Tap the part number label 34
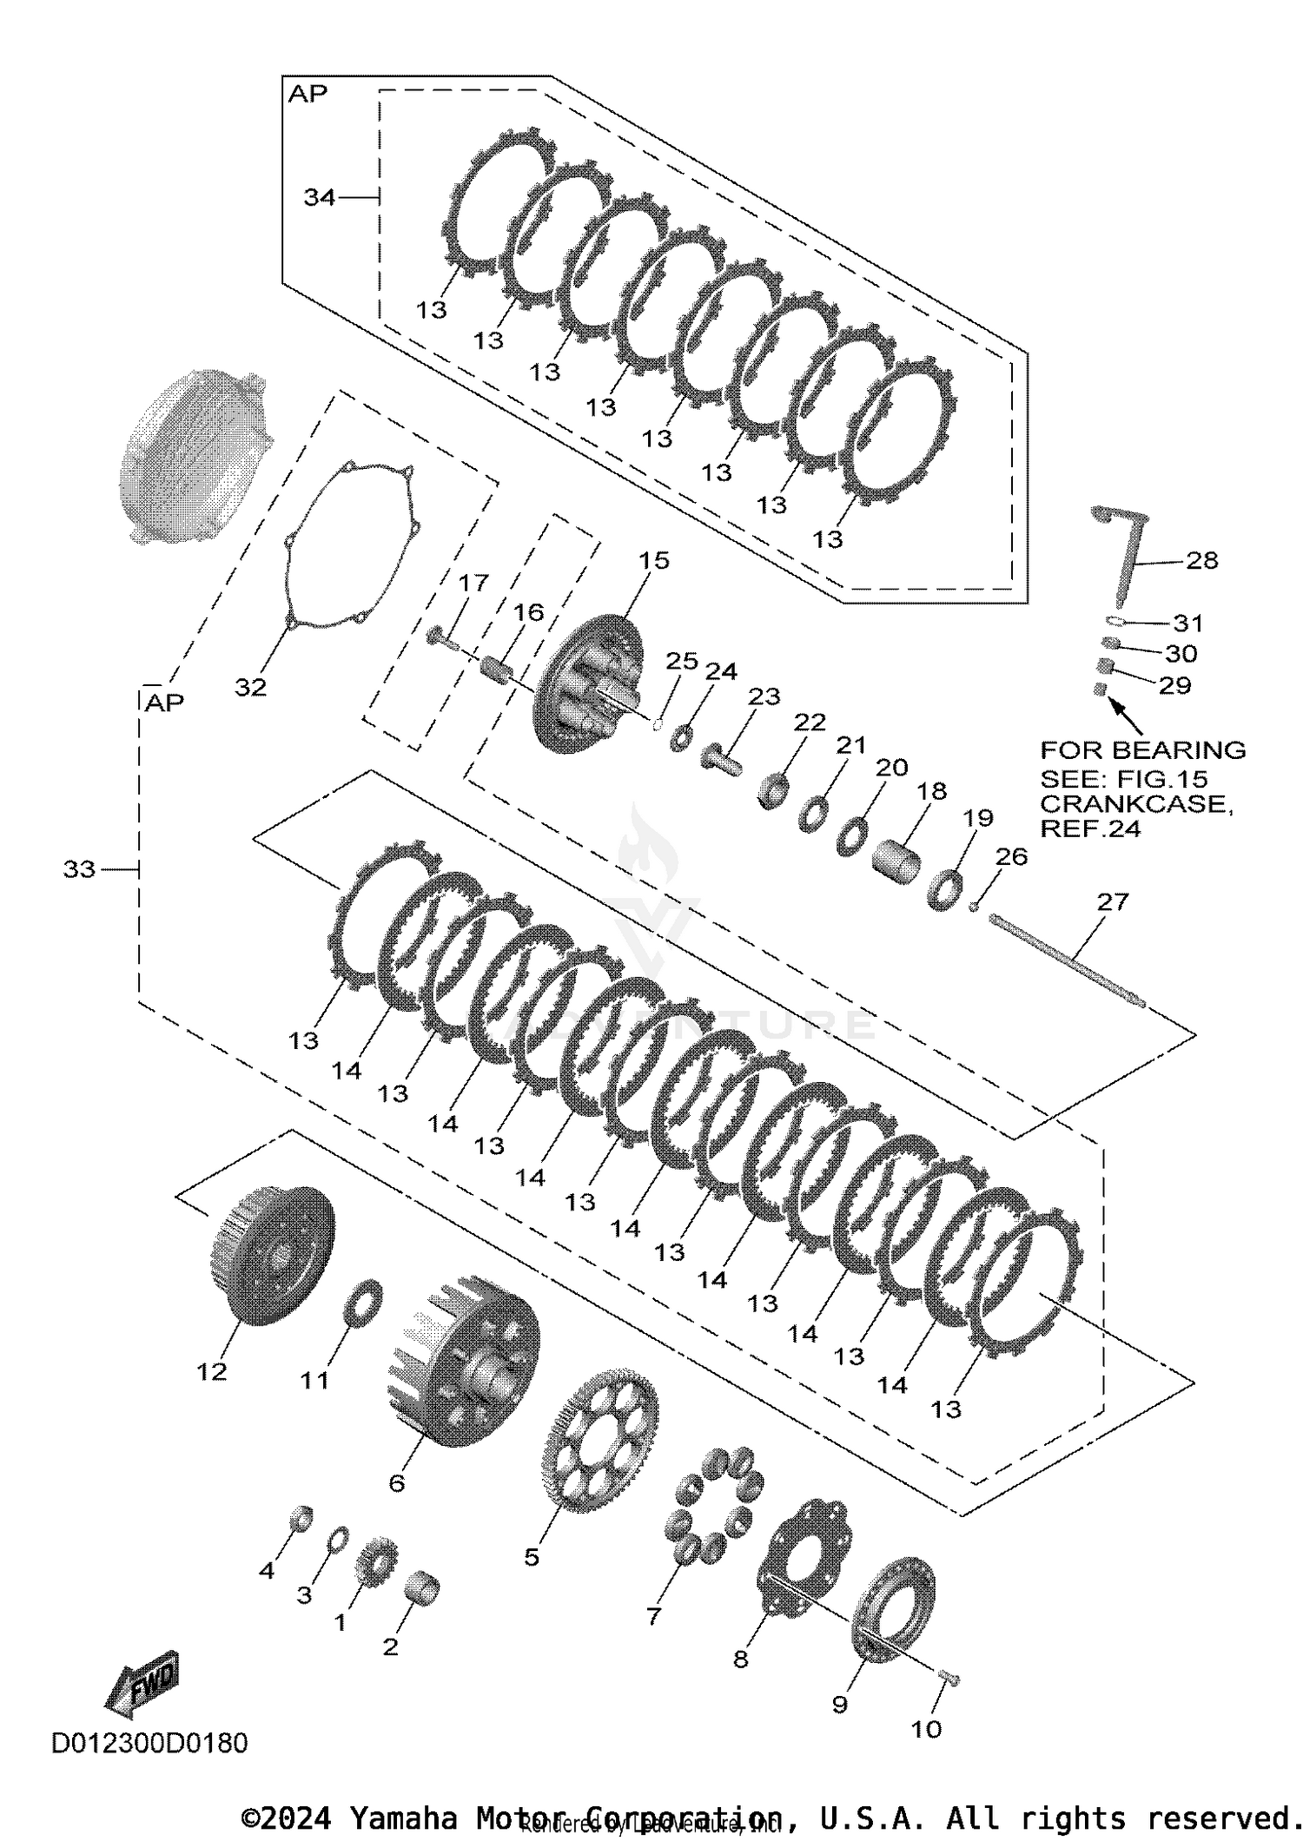[319, 198]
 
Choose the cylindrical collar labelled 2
[423, 1588]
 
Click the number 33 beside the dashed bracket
[79, 868]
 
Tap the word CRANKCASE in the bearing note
[1135, 804]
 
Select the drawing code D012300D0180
[149, 1743]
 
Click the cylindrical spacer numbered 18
[896, 861]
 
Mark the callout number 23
[764, 696]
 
